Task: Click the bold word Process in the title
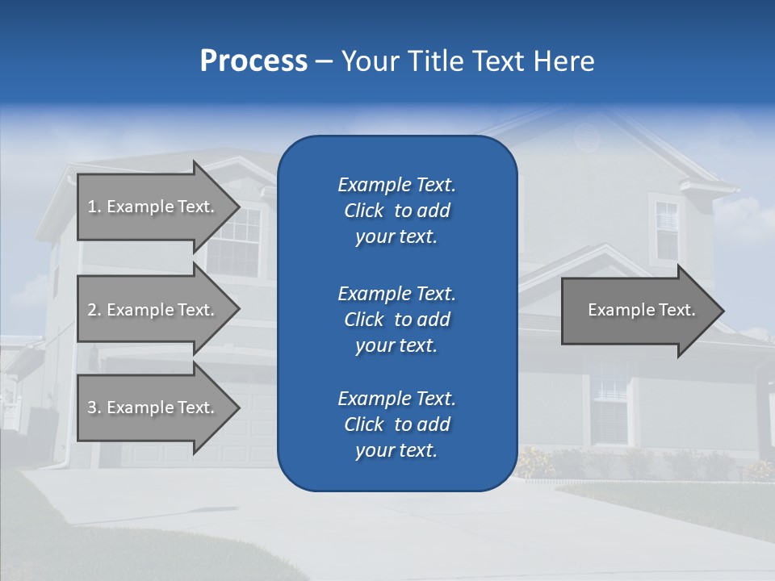253,61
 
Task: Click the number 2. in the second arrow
94,310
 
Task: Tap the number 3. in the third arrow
94,408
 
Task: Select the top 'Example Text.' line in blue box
396,185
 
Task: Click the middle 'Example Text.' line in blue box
396,294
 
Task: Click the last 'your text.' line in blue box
396,450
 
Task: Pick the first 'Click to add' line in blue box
396,211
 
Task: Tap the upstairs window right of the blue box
667,229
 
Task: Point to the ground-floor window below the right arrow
610,404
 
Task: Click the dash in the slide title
324,61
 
